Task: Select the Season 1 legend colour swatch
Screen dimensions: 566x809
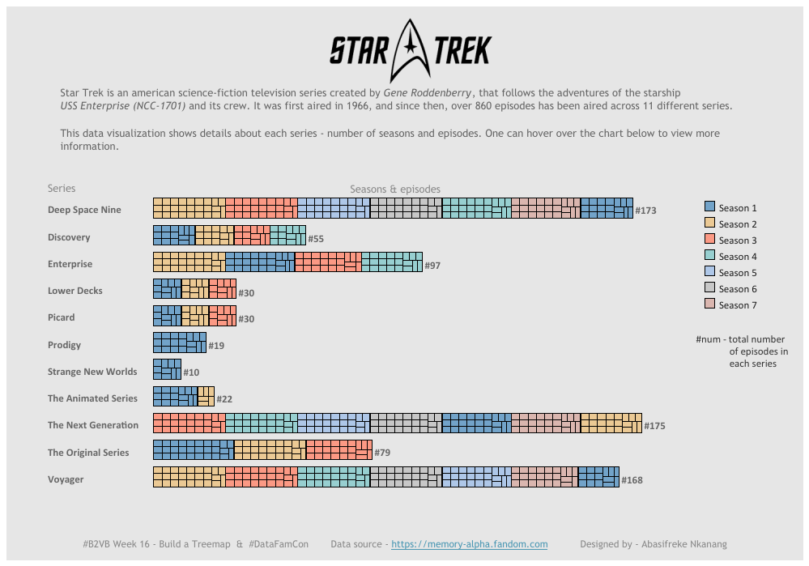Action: tap(709, 207)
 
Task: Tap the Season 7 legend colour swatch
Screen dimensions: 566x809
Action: tap(709, 304)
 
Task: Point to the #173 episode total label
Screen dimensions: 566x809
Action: tap(645, 211)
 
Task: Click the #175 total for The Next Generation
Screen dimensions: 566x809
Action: tap(654, 426)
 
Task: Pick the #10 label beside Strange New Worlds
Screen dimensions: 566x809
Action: tap(191, 372)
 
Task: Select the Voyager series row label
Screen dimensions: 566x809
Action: tap(66, 479)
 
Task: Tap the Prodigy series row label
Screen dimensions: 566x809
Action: tap(64, 345)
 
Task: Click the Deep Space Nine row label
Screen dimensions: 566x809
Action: tap(84, 210)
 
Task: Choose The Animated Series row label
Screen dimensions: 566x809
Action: tap(92, 398)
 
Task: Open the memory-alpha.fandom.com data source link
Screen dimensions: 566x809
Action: tap(470, 544)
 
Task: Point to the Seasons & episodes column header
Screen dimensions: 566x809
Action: tap(395, 189)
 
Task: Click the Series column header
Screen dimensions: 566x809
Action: tap(62, 189)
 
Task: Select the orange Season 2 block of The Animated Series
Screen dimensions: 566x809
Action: tap(206, 396)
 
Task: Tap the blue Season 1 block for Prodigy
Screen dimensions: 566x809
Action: tap(179, 343)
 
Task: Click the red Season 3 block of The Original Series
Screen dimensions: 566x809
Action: tap(339, 449)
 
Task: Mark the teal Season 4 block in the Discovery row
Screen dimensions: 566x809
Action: tap(288, 235)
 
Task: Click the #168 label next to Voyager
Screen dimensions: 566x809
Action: tap(632, 480)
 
